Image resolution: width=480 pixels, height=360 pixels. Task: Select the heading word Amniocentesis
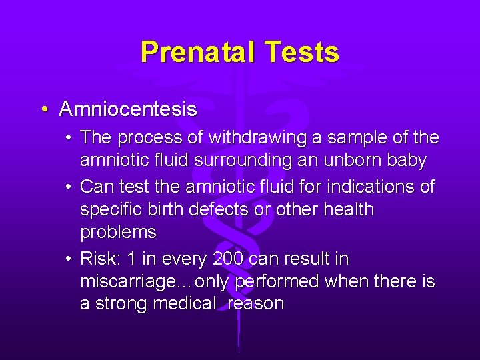pyautogui.click(x=128, y=109)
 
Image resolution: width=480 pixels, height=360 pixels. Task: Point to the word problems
pyautogui.click(x=118, y=233)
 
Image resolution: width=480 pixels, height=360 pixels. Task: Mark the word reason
pyautogui.click(x=255, y=305)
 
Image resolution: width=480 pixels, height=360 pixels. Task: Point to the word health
pyautogui.click(x=349, y=209)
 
